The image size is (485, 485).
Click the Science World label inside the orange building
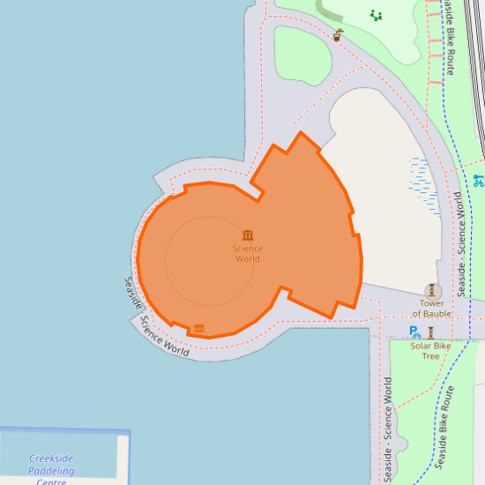pos(248,253)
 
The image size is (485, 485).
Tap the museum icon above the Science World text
pos(248,235)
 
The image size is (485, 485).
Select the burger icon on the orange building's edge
pos(199,329)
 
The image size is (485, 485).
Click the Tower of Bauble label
pos(432,309)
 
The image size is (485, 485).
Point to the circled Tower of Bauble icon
pos(432,290)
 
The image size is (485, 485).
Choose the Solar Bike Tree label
pos(430,351)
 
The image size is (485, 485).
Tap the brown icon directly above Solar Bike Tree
pos(430,332)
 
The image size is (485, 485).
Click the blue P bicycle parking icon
pos(414,332)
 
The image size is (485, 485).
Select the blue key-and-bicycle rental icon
pos(479,181)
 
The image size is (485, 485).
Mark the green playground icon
pos(377,15)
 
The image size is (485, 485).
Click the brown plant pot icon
pos(338,36)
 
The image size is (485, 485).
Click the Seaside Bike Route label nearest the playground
pos(449,37)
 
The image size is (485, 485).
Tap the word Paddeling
pos(51,471)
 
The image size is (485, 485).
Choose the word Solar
pos(422,346)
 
